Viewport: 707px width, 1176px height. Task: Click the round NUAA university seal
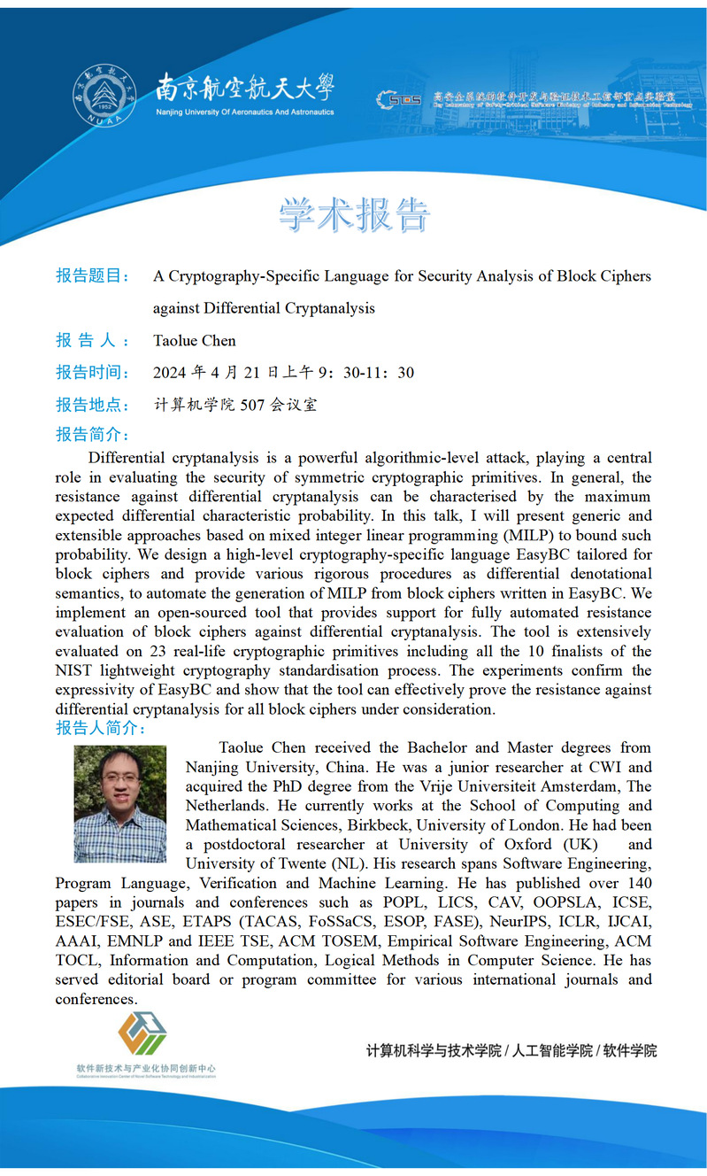click(104, 97)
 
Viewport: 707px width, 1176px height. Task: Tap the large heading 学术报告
click(354, 214)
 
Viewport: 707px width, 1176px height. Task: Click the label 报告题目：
click(93, 276)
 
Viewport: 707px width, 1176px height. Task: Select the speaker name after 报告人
click(195, 341)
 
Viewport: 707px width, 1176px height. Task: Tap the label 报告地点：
click(93, 406)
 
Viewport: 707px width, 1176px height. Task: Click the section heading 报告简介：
click(93, 435)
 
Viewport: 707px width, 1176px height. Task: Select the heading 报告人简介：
click(100, 729)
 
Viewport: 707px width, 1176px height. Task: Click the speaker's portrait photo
click(120, 804)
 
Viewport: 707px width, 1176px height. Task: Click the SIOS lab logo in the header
click(399, 99)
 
